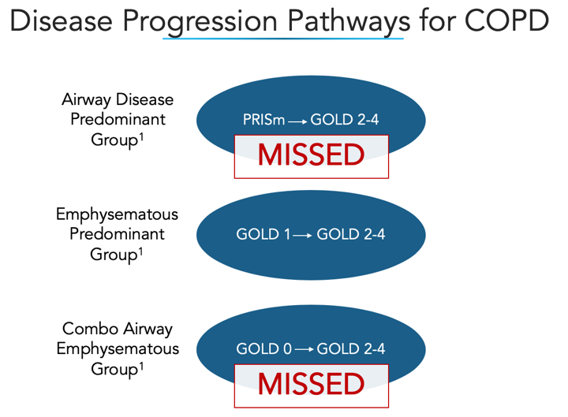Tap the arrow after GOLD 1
point(301,235)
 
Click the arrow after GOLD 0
point(301,349)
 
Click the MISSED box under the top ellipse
point(311,155)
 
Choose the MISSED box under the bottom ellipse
point(311,384)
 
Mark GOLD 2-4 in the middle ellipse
point(351,234)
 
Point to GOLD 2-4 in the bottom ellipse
point(351,348)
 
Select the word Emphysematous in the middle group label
point(117,214)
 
